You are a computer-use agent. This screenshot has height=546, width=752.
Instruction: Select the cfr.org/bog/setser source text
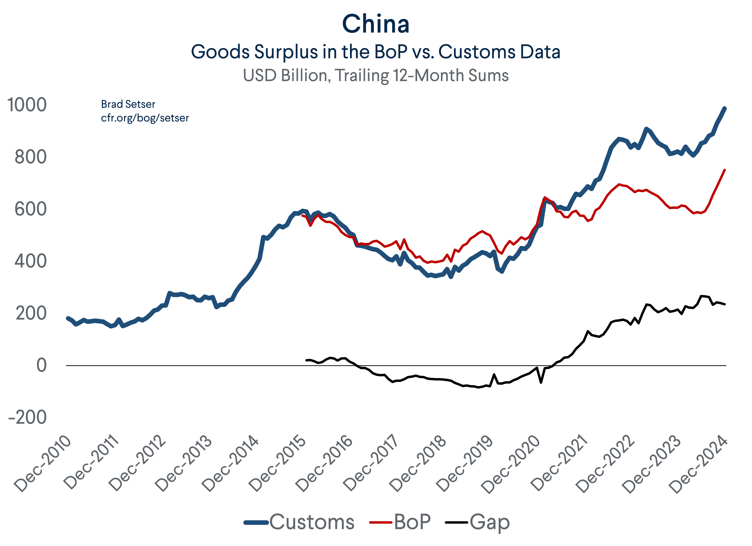click(145, 118)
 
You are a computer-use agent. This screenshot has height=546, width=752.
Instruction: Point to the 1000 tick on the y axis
click(27, 105)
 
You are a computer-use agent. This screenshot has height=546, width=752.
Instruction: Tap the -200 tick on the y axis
click(27, 417)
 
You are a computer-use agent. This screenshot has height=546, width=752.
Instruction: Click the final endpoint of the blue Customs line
click(725, 108)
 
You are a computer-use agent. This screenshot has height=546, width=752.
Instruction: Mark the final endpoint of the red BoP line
click(725, 170)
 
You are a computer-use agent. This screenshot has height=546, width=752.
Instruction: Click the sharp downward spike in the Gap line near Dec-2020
click(541, 383)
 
